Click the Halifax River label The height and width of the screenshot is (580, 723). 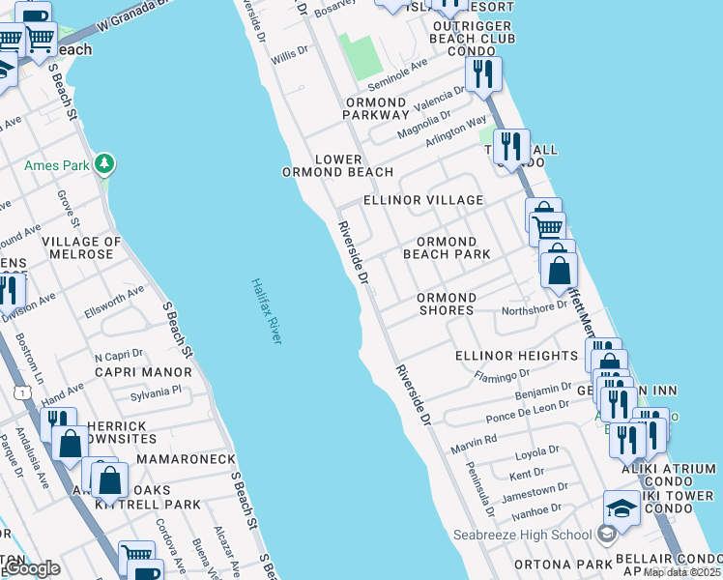(266, 311)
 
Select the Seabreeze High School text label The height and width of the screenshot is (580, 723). (523, 535)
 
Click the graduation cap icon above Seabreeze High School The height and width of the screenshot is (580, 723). (622, 507)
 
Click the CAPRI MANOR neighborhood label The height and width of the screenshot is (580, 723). (143, 371)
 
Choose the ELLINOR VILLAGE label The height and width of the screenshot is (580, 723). (422, 200)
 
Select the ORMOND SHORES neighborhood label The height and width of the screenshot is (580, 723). (446, 304)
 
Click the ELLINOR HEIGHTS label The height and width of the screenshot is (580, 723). (516, 356)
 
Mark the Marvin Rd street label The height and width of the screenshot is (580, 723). (474, 444)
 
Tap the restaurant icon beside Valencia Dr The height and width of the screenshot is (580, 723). (481, 73)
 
